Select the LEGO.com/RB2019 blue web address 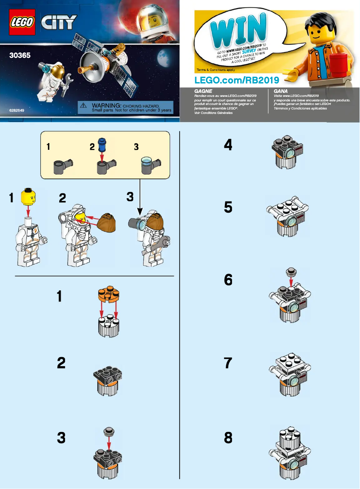(x=237, y=80)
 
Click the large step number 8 (x=228, y=437)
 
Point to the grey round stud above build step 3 (x=108, y=432)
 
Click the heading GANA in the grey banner (x=280, y=91)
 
